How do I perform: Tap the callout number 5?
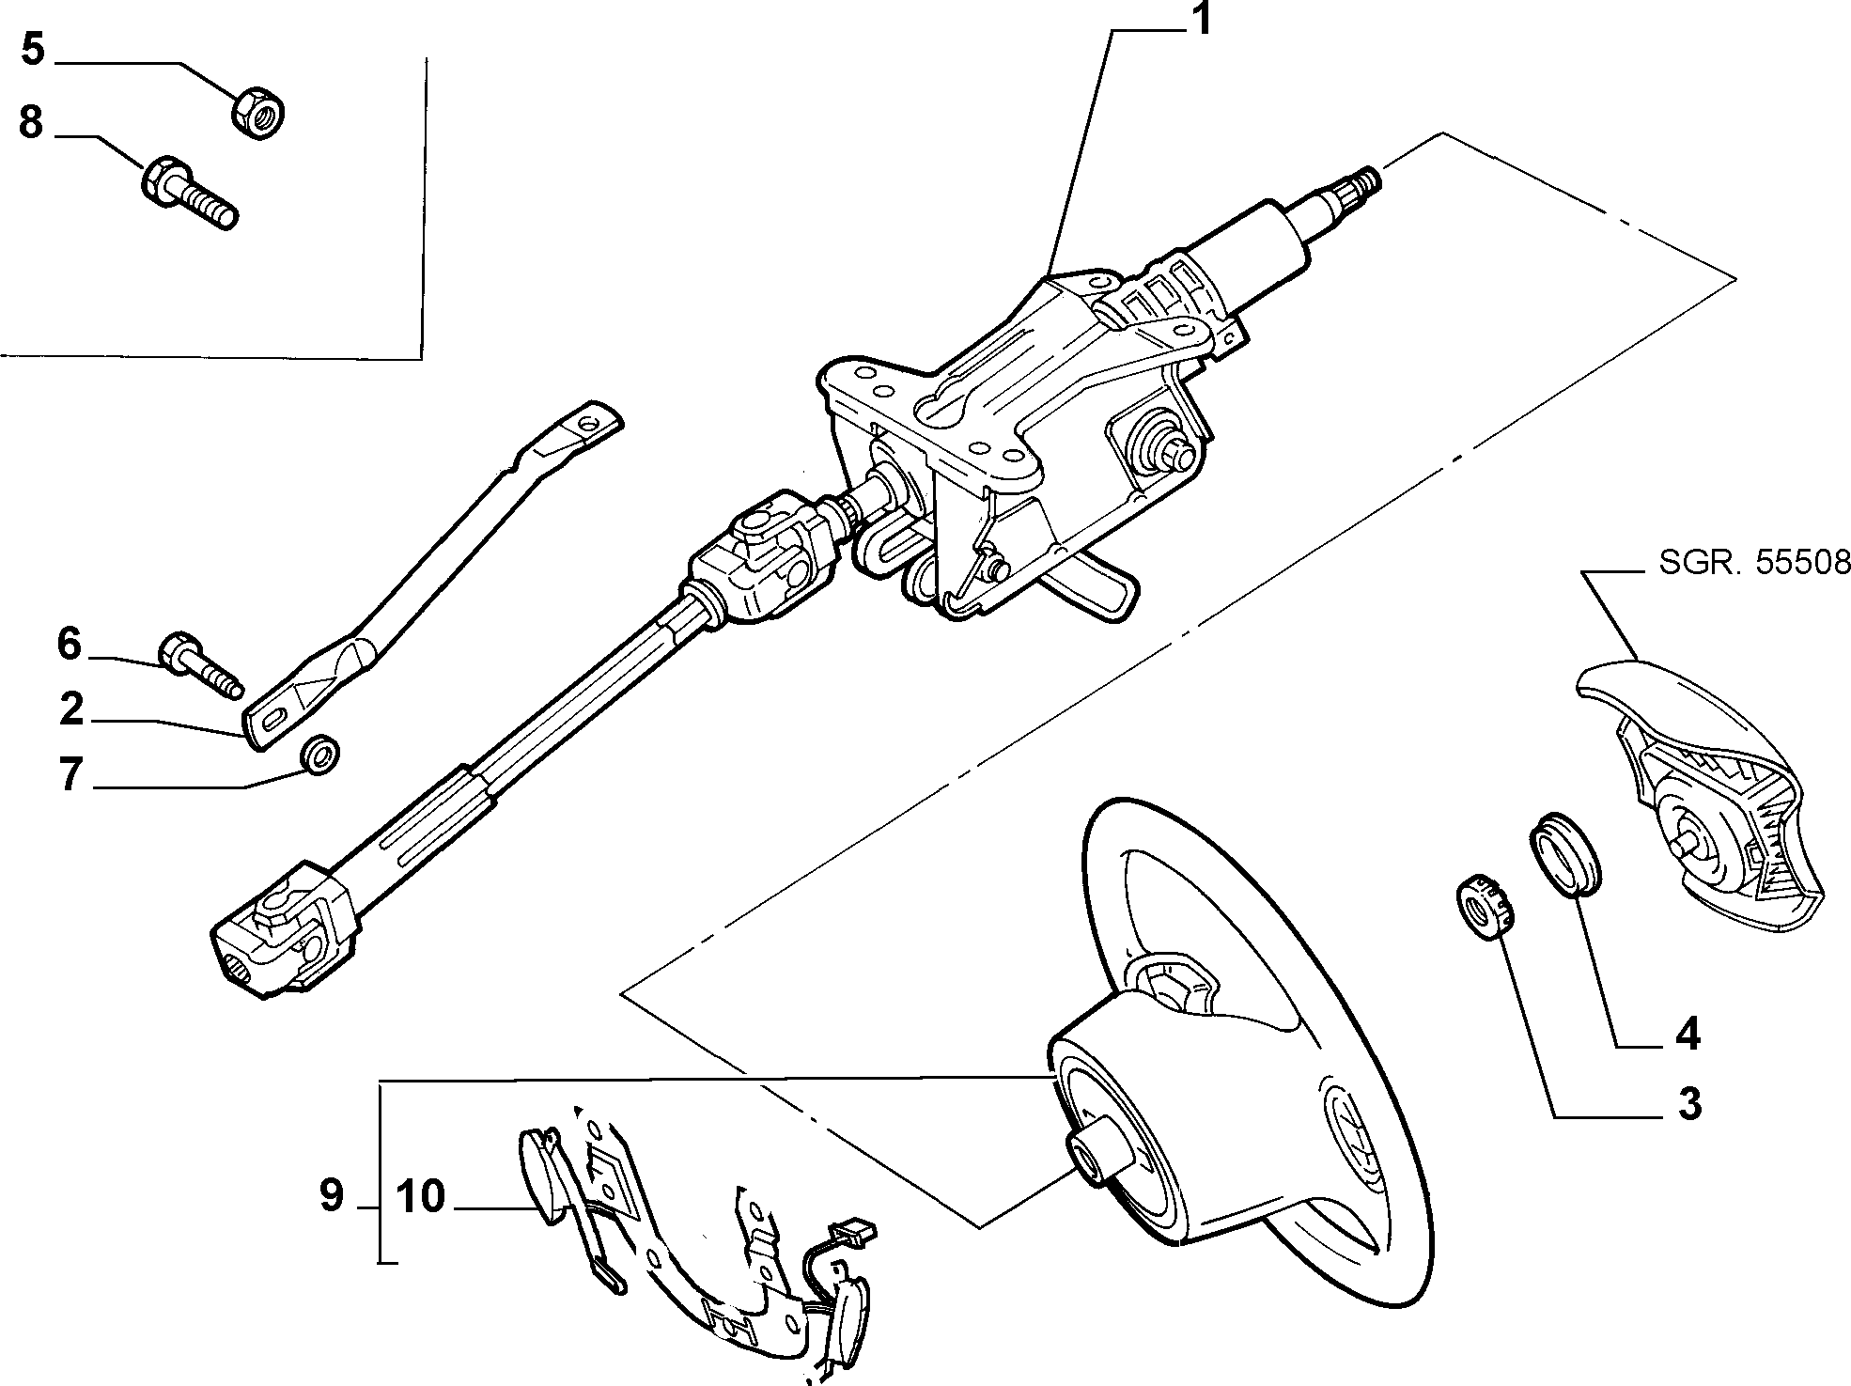[x=33, y=49]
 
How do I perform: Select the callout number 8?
[x=31, y=122]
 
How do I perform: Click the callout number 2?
[x=72, y=709]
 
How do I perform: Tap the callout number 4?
[x=1688, y=1034]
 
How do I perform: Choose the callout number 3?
[x=1689, y=1103]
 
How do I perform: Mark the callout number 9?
[x=332, y=1196]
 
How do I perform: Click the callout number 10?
[x=420, y=1196]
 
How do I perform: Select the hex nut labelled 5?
[x=258, y=112]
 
